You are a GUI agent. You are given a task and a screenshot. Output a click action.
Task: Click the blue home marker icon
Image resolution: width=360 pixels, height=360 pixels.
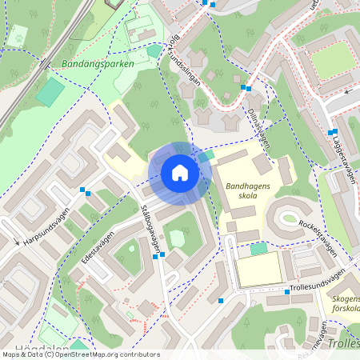point(180,173)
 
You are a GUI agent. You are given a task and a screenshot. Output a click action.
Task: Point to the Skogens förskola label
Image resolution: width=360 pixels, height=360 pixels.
point(344,306)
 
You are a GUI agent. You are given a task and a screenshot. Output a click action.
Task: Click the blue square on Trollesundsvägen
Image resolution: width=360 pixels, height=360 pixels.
point(288,292)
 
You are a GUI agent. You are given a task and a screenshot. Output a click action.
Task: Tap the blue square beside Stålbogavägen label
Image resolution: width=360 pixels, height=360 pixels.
point(162,255)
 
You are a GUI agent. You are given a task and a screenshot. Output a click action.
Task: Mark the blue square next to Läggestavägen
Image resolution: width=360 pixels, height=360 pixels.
point(332,132)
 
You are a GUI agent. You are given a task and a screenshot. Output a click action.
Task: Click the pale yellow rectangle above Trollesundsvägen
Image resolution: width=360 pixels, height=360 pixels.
point(258,270)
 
